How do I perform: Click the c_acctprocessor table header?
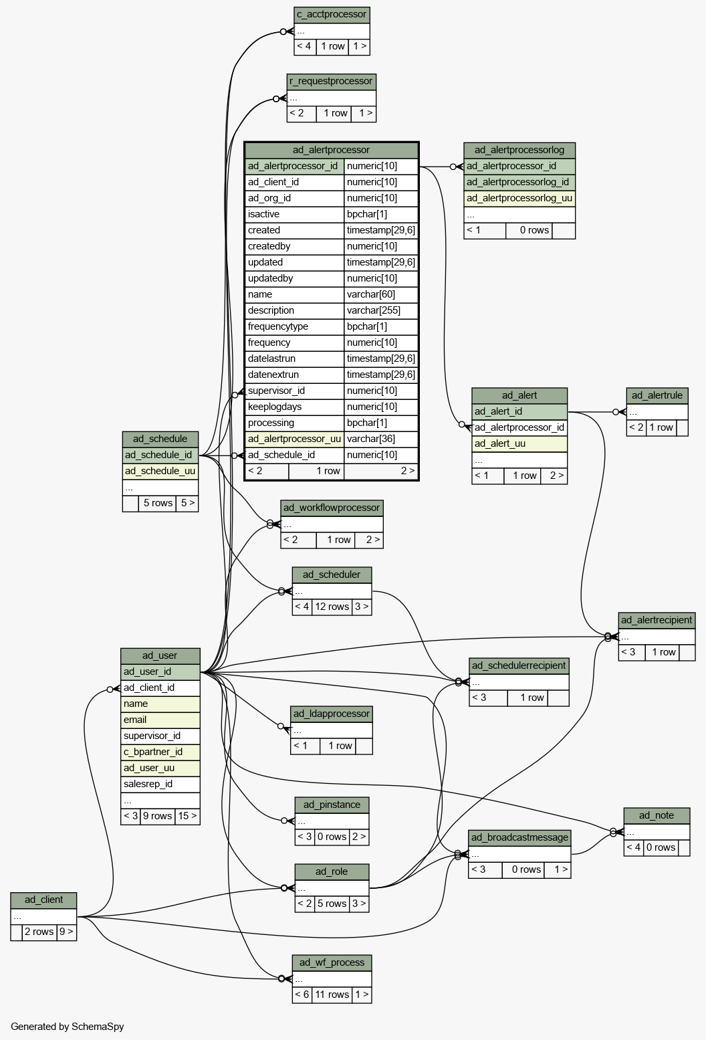click(332, 15)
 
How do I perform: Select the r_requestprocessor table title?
click(332, 82)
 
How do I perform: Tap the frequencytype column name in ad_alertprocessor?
click(278, 326)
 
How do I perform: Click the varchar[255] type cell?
click(381, 310)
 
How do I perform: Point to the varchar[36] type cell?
click(381, 439)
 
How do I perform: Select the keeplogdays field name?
click(275, 407)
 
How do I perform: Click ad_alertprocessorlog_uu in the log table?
click(519, 199)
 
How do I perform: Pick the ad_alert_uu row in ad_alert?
click(519, 444)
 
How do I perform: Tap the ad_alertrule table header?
click(657, 395)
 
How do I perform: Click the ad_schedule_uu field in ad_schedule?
click(160, 472)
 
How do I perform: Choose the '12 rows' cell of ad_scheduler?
click(332, 607)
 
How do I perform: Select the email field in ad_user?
click(160, 720)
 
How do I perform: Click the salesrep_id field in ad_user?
click(160, 784)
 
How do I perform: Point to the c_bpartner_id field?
click(160, 752)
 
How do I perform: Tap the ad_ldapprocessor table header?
click(332, 714)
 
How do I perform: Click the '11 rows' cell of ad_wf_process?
click(332, 995)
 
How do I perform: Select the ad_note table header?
click(657, 816)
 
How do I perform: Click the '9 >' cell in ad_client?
click(66, 932)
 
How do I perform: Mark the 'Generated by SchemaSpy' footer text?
click(68, 1027)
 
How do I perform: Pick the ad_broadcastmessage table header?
click(519, 838)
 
